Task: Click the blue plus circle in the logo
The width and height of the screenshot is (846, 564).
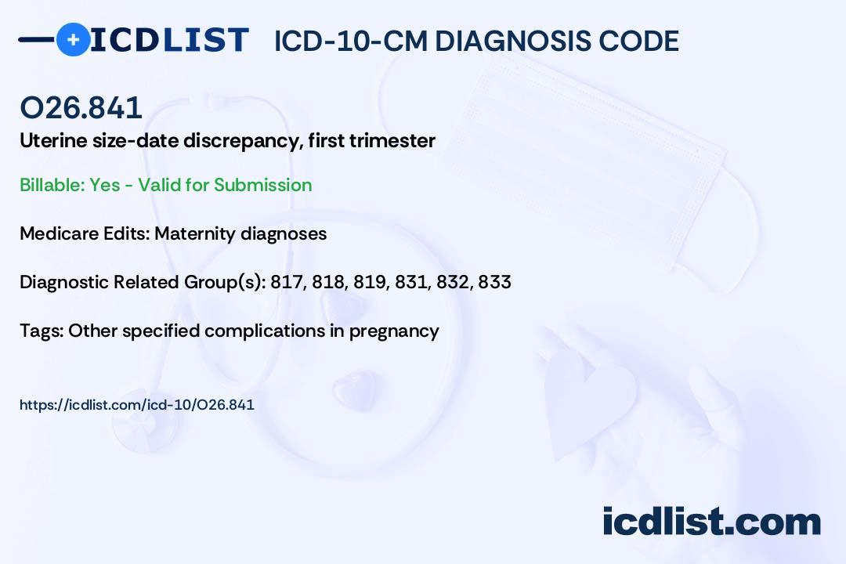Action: click(x=73, y=40)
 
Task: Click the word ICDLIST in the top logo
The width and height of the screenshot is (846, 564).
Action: click(x=169, y=40)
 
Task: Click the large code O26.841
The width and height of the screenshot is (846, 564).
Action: click(x=81, y=107)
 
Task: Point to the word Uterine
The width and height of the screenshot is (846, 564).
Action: click(x=53, y=140)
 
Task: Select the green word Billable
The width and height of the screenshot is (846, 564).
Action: click(x=52, y=185)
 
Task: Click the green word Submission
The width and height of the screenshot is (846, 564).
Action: click(x=262, y=185)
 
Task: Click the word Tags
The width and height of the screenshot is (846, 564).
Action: click(x=42, y=331)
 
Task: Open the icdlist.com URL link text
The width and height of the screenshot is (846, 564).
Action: click(x=137, y=405)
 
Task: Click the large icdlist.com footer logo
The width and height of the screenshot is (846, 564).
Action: click(x=711, y=522)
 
